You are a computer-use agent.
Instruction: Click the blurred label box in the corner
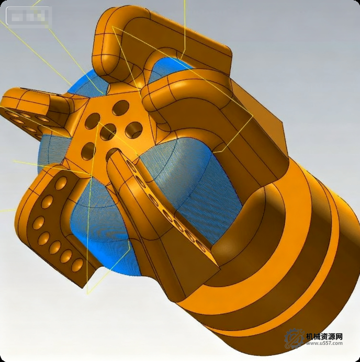click(29, 17)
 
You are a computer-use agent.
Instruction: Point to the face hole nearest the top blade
click(120, 108)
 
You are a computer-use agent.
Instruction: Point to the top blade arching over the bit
click(157, 31)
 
